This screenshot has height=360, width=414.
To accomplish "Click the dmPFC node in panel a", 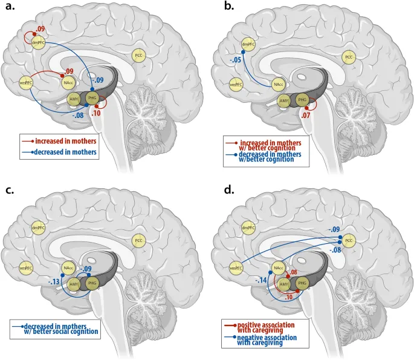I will click(x=38, y=43).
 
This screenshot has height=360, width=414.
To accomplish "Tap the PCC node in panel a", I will click(x=139, y=56).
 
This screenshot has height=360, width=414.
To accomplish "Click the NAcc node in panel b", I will click(x=277, y=85).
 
